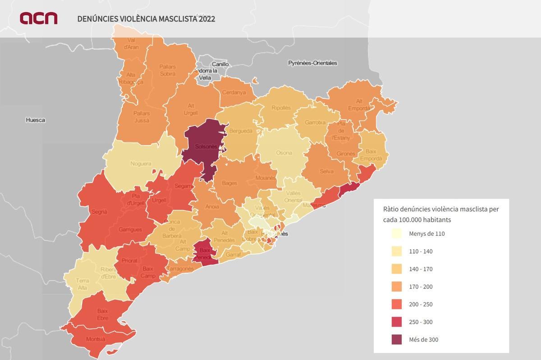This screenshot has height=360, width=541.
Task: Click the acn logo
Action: pyautogui.click(x=38, y=18)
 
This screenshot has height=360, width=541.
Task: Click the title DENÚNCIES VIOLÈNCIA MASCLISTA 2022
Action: pyautogui.click(x=146, y=19)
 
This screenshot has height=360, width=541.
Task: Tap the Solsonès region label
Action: pyautogui.click(x=206, y=147)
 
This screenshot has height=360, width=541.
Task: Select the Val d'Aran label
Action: pyautogui.click(x=131, y=44)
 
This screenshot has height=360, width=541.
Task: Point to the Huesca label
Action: pyautogui.click(x=36, y=120)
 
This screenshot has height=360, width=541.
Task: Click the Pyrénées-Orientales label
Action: pyautogui.click(x=312, y=63)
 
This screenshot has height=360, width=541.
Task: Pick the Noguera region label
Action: pyautogui.click(x=141, y=164)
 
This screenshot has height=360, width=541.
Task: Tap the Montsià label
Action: pyautogui.click(x=95, y=339)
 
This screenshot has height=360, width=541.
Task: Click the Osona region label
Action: pyautogui.click(x=284, y=153)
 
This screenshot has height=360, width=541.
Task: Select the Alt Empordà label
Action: pyautogui.click(x=359, y=105)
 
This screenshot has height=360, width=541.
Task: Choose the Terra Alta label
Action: pyautogui.click(x=82, y=284)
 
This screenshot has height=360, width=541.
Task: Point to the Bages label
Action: pyautogui.click(x=229, y=183)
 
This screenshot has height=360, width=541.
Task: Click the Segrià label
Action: pyautogui.click(x=99, y=212)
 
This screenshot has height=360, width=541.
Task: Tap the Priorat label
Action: pyautogui.click(x=129, y=261)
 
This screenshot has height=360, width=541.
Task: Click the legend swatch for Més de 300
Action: pyautogui.click(x=396, y=339)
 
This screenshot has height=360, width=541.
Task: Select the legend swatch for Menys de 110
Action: pyautogui.click(x=396, y=233)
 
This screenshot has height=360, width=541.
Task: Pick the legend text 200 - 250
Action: pyautogui.click(x=420, y=304)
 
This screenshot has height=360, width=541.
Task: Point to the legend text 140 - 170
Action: pyautogui.click(x=420, y=269)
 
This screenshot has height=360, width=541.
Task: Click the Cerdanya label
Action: pyautogui.click(x=234, y=92)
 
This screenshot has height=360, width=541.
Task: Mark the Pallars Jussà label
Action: pyautogui.click(x=141, y=117)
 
